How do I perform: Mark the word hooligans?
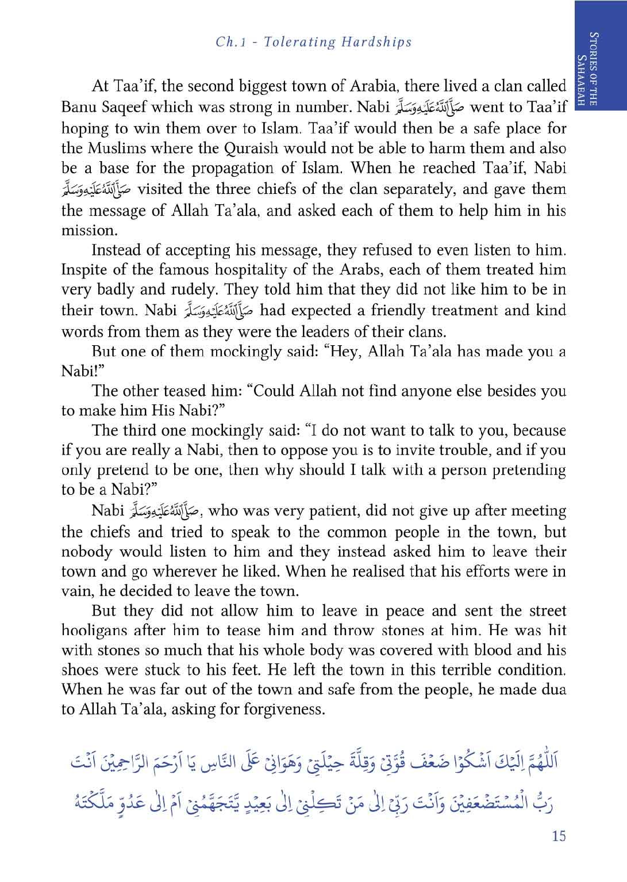95,631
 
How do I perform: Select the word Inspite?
84,270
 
